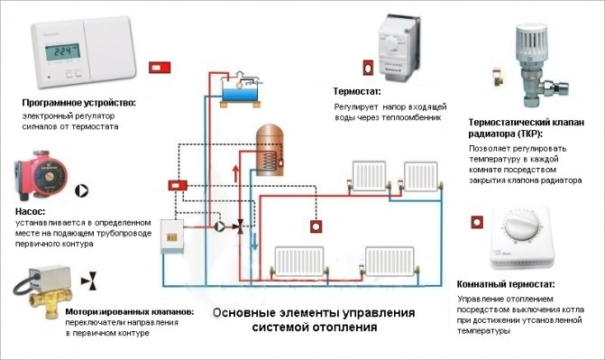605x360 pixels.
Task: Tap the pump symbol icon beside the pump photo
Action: pyautogui.click(x=84, y=191)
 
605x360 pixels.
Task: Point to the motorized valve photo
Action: pyautogui.click(x=41, y=285)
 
